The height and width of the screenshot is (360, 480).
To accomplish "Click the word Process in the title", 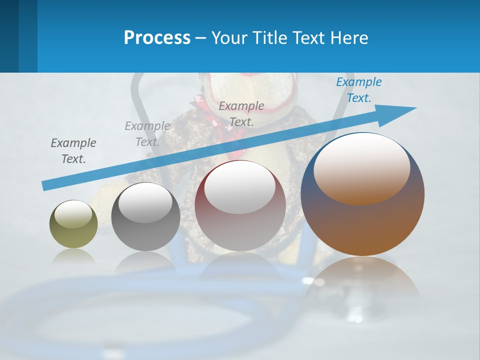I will [x=157, y=38].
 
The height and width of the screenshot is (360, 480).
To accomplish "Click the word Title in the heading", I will [x=270, y=38].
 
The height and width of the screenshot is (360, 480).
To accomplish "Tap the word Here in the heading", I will [x=348, y=38].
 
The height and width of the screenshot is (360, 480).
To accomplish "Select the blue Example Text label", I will [x=358, y=90].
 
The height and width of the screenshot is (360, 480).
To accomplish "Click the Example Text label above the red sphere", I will [x=241, y=114].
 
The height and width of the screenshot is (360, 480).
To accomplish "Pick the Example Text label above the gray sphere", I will [x=147, y=134].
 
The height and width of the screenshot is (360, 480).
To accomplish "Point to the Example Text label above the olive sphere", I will [x=73, y=151].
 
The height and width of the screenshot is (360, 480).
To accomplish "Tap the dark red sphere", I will [x=240, y=225].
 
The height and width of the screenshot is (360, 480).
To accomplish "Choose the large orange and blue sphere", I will [x=362, y=225].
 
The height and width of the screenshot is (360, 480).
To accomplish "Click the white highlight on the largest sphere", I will [x=362, y=169].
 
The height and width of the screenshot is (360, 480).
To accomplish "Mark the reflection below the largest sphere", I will [x=362, y=280].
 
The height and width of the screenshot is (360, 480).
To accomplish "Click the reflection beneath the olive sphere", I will [x=73, y=256].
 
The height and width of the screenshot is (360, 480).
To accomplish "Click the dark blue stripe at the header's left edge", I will [x=9, y=36].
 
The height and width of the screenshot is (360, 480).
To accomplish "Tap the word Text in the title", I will [x=311, y=38].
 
